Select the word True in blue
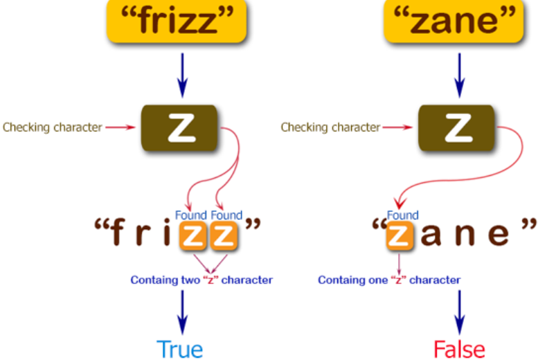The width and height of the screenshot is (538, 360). coord(179,348)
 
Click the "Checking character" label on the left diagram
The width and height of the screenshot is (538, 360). coord(53,127)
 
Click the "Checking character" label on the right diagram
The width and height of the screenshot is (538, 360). coord(330,127)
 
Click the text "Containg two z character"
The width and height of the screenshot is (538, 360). coord(201,280)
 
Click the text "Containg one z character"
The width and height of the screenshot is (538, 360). coord(389,280)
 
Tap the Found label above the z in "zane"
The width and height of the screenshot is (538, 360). coord(402,215)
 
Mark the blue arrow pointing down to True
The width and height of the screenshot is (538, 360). coord(182,312)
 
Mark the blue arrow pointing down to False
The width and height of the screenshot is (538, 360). coord(458,312)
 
